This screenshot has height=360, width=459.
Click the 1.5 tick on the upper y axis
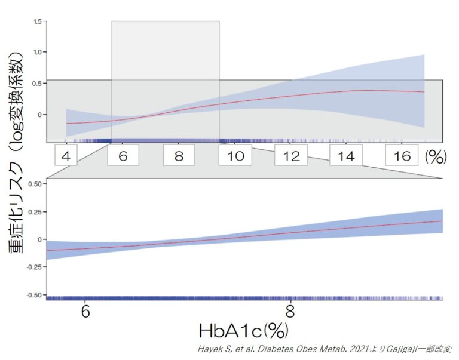coord(36,22)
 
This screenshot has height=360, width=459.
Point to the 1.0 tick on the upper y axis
coord(36,53)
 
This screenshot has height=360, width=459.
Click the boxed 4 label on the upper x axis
coord(66,156)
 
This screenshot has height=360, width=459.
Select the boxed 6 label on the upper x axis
coord(123,156)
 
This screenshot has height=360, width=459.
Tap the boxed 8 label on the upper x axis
coord(179,156)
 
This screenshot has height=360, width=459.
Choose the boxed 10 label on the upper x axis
coord(235,156)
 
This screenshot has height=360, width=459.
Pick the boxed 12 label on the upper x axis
coord(291,156)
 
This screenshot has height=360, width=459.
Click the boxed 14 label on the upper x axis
coord(346,156)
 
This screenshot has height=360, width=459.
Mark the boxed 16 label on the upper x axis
coord(402,156)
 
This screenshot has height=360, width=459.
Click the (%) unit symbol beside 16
coord(437,156)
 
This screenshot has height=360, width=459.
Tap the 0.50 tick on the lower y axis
coord(35,184)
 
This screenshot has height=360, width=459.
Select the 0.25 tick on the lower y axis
coord(35,211)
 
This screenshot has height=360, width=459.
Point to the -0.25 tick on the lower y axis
coord(33,267)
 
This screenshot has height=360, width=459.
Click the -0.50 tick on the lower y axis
coord(33,295)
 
